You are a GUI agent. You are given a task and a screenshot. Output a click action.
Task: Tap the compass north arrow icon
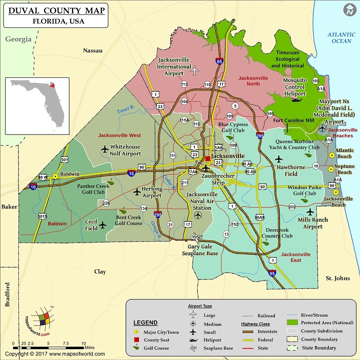(349, 10)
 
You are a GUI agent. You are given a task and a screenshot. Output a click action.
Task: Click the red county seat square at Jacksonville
(207, 158)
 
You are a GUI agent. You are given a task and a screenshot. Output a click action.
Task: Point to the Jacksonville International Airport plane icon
(194, 71)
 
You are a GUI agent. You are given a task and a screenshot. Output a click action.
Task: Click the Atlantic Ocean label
(341, 38)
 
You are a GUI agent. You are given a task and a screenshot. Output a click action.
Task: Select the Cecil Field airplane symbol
(103, 225)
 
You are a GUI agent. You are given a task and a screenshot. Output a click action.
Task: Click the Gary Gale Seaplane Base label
(202, 250)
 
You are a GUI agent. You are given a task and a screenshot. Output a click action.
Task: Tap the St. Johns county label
(337, 278)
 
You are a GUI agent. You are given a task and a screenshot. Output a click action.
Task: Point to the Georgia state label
(18, 39)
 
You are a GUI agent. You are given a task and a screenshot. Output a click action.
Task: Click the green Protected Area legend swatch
(292, 323)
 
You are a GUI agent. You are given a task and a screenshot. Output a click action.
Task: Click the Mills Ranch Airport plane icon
(310, 212)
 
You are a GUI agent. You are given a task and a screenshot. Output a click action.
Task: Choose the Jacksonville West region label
(119, 135)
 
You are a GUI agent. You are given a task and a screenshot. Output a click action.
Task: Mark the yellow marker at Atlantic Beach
(332, 154)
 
